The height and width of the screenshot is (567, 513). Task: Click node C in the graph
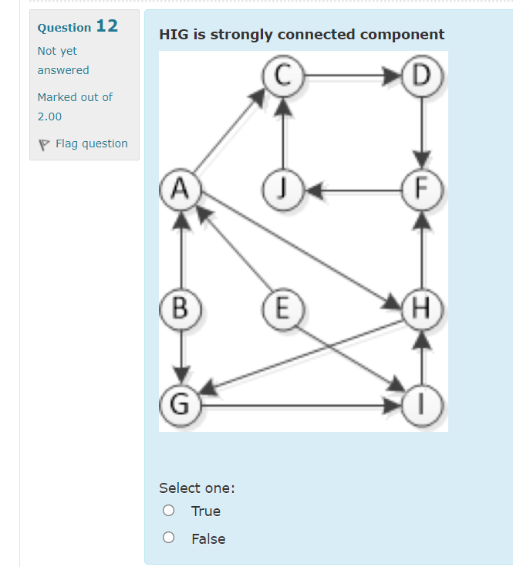pos(284,76)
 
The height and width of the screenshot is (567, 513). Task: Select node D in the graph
pos(422,76)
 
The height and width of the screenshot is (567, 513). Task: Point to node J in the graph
pos(284,188)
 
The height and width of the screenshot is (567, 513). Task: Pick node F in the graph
pos(422,188)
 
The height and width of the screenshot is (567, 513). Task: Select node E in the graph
pos(284,307)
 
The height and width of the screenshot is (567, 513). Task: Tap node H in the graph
pos(422,307)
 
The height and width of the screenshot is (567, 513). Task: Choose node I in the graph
pos(422,403)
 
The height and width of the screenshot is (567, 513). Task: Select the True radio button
pos(168,511)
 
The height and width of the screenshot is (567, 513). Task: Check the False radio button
pos(168,538)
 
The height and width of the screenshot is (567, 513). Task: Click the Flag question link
pos(91,143)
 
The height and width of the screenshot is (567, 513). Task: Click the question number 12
pos(106,25)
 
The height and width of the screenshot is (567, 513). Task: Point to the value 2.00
pos(49,116)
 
